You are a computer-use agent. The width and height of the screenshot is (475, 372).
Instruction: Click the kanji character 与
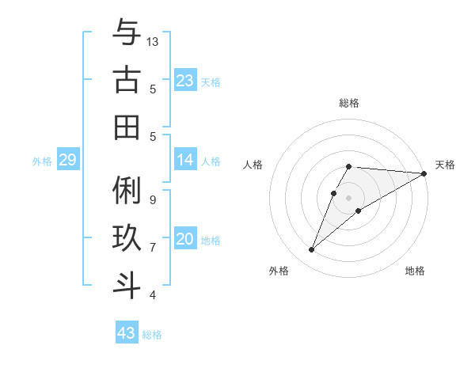(127, 34)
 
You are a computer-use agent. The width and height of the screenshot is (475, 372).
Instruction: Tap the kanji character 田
(127, 127)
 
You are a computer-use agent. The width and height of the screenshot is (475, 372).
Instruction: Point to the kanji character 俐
(127, 192)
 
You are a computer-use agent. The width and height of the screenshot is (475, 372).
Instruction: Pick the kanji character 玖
(127, 239)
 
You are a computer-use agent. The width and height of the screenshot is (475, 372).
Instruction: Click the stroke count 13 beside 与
(153, 41)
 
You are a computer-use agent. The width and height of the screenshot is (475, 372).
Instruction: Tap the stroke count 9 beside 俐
(152, 199)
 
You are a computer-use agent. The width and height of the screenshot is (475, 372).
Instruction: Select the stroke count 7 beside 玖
(152, 247)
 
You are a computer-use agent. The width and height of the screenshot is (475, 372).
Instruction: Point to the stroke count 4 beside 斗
(152, 295)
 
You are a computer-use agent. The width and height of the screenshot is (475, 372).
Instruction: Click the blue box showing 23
(185, 81)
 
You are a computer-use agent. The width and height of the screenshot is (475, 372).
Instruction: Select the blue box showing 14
(185, 160)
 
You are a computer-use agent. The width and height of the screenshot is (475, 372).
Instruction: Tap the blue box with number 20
(185, 239)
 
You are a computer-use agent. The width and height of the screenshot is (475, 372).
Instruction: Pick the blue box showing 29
(67, 161)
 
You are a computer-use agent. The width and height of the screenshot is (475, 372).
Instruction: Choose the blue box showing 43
(127, 333)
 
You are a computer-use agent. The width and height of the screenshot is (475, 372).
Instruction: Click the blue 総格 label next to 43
(152, 335)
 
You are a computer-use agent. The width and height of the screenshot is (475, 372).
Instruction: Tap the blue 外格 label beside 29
(42, 161)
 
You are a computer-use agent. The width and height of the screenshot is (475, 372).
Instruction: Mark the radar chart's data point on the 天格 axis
(424, 173)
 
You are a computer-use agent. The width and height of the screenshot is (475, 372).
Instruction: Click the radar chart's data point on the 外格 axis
(311, 250)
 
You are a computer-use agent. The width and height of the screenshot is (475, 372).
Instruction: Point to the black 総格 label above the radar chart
(349, 103)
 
